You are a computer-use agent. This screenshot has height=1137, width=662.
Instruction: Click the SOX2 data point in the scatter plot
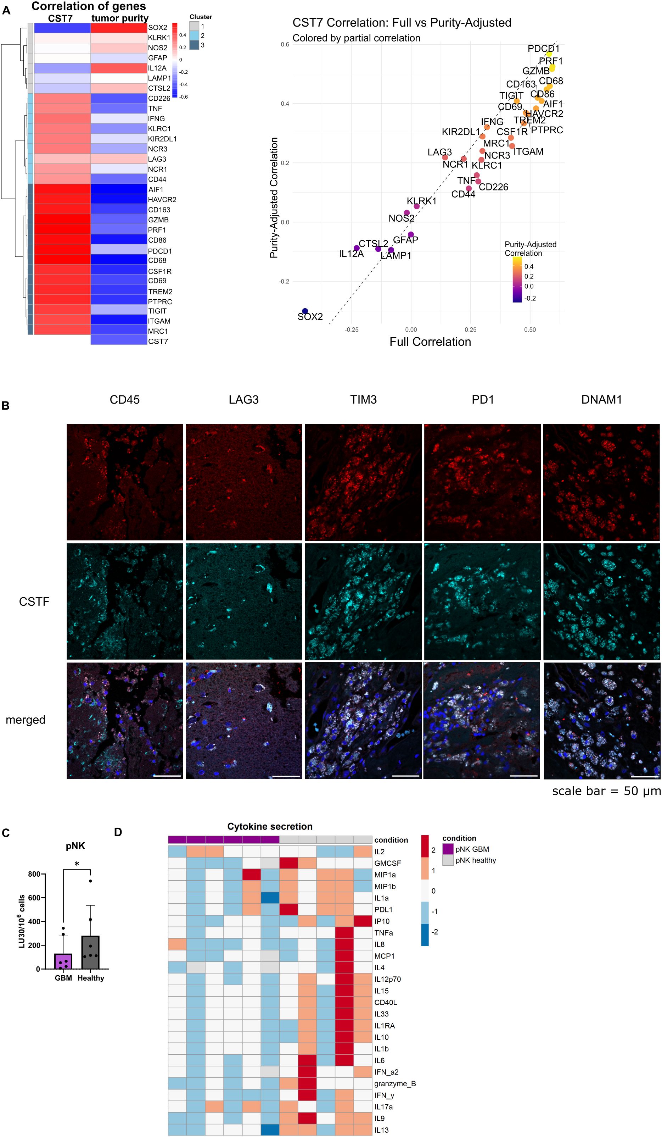pyautogui.click(x=305, y=311)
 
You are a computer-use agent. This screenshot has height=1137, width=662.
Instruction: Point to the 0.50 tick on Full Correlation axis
pyautogui.click(x=530, y=330)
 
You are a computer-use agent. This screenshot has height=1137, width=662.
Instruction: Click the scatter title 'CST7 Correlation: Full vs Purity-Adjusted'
pyautogui.click(x=402, y=23)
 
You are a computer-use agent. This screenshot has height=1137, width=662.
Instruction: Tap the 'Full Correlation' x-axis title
pyautogui.click(x=430, y=342)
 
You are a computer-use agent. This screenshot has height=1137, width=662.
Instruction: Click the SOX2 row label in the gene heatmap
pyautogui.click(x=157, y=28)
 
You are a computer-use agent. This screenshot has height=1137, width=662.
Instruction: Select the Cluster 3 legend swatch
pyautogui.click(x=194, y=45)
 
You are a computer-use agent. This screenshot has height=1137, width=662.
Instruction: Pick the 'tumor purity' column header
pyautogui.click(x=119, y=18)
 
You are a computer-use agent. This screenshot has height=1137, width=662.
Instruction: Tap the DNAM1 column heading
pyautogui.click(x=601, y=400)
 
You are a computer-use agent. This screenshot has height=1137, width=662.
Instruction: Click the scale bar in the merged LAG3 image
pyautogui.click(x=286, y=776)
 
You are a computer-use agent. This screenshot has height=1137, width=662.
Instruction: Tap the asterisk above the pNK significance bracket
pyautogui.click(x=77, y=864)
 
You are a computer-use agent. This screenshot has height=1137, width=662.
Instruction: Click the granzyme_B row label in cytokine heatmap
pyautogui.click(x=394, y=1083)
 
